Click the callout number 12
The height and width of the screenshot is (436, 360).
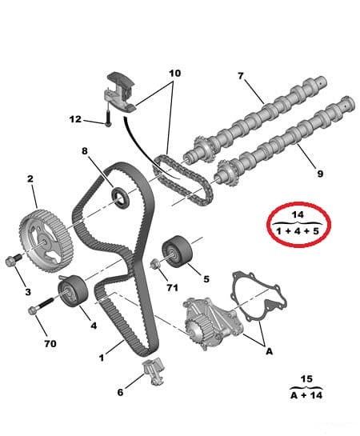(75, 119)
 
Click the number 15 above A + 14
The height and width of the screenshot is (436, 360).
(306, 379)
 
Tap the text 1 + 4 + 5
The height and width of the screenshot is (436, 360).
(298, 232)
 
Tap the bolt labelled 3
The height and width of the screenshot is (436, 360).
(14, 260)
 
